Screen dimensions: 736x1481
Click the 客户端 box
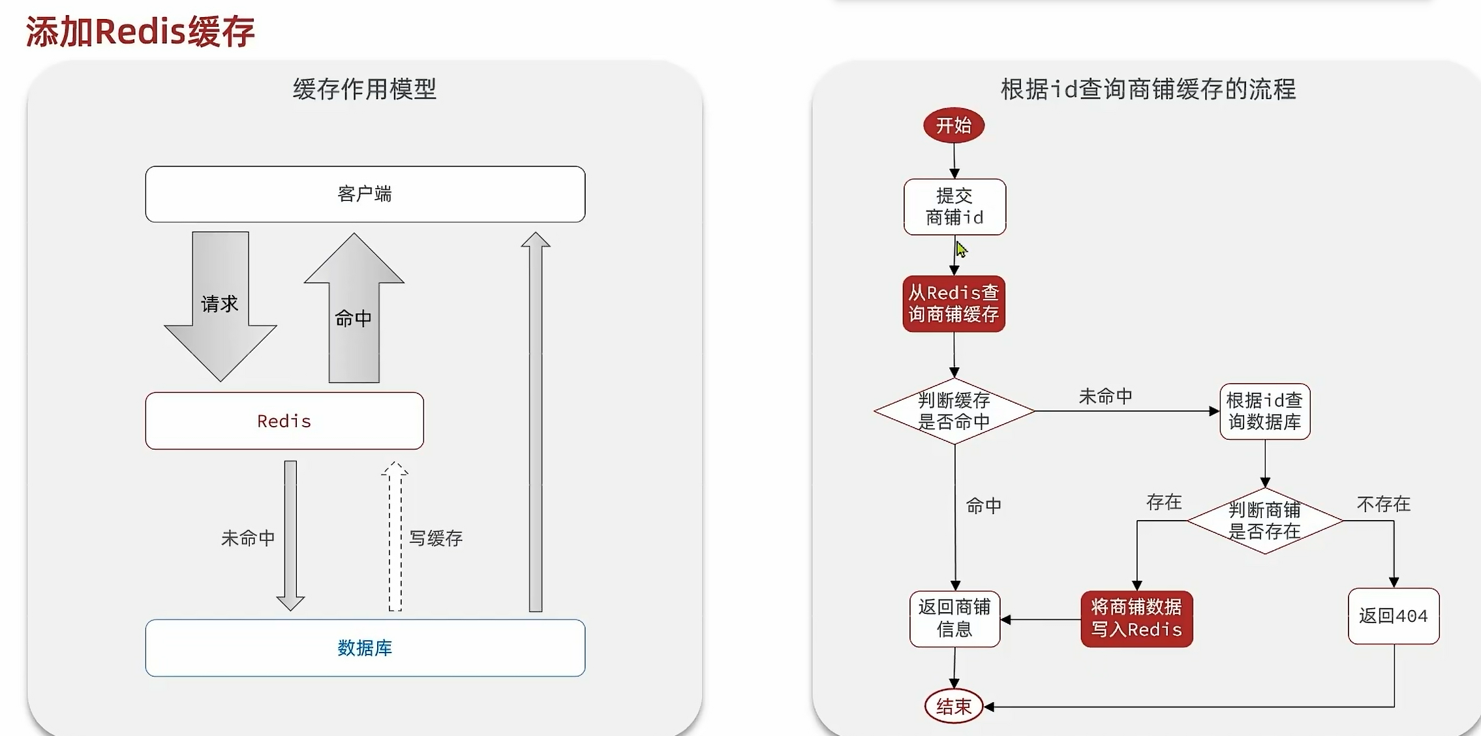click(x=365, y=194)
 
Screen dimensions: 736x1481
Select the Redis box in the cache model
click(x=284, y=421)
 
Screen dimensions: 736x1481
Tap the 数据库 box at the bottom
click(x=365, y=648)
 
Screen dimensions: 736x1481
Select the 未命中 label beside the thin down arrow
click(x=248, y=538)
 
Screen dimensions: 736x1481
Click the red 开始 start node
click(x=953, y=125)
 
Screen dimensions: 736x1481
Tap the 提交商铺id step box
click(x=954, y=207)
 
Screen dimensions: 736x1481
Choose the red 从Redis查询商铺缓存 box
click(x=953, y=304)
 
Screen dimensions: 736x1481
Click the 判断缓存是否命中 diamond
click(x=954, y=411)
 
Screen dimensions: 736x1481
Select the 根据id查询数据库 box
click(x=1264, y=411)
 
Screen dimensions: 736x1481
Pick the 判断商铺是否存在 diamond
click(x=1264, y=521)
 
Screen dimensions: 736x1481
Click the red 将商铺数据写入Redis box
click(x=1137, y=619)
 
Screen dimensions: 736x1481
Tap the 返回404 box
click(x=1393, y=616)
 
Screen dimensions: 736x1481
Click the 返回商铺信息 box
click(x=954, y=619)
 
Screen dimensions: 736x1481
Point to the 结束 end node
click(x=953, y=706)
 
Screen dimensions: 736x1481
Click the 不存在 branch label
click(x=1383, y=504)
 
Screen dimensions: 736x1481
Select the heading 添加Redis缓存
click(x=140, y=31)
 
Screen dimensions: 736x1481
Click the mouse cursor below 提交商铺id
click(x=961, y=249)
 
